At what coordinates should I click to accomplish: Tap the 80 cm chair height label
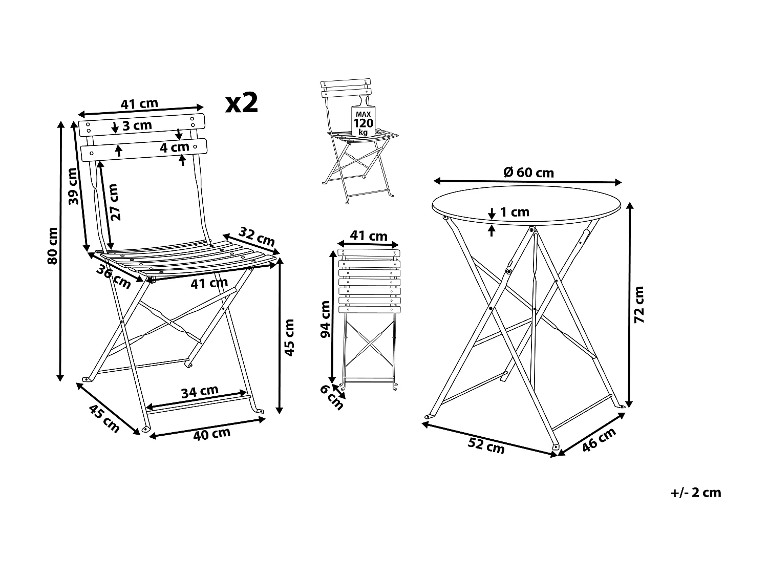pyautogui.click(x=52, y=246)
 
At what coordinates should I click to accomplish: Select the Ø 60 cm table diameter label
pyautogui.click(x=528, y=172)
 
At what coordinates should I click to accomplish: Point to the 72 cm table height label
pyautogui.click(x=639, y=305)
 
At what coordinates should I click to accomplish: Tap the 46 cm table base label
pyautogui.click(x=599, y=439)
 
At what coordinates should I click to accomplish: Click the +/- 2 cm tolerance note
pyautogui.click(x=695, y=493)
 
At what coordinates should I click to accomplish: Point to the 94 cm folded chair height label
pyautogui.click(x=326, y=319)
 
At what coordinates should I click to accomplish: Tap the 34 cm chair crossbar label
pyautogui.click(x=200, y=392)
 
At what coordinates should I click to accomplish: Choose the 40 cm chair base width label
pyautogui.click(x=211, y=434)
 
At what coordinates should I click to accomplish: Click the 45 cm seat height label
pyautogui.click(x=289, y=337)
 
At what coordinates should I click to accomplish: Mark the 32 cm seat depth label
pyautogui.click(x=257, y=237)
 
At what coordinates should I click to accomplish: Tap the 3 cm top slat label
pyautogui.click(x=137, y=125)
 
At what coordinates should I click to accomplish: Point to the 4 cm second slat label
pyautogui.click(x=175, y=147)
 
